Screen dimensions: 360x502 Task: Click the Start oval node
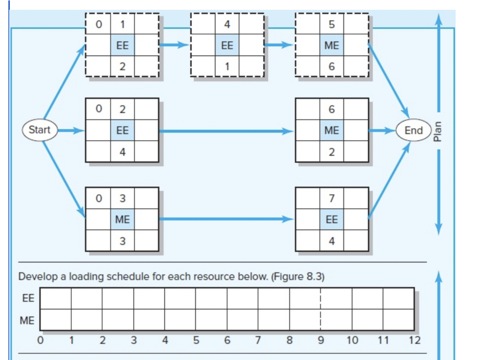39,130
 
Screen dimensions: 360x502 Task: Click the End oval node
413,130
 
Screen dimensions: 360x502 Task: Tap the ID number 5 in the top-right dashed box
331,24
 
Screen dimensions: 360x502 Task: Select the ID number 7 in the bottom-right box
331,198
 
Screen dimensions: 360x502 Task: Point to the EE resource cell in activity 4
227,46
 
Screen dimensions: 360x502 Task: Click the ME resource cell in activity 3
122,220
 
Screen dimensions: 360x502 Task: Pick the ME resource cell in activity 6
331,130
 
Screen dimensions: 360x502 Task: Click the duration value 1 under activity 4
227,67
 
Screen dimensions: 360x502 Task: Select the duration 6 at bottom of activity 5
331,67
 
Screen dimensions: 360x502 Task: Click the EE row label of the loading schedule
27,298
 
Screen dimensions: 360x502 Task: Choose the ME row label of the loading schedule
27,321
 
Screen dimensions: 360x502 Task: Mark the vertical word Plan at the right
438,131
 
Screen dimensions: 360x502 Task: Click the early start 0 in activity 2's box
99,109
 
